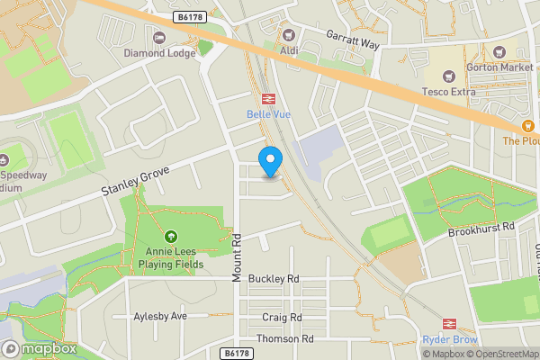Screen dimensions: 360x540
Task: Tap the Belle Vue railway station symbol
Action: pos(267,98)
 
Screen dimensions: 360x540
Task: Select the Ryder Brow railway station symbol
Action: pos(446,324)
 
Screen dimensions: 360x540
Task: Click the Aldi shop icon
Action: pos(288,35)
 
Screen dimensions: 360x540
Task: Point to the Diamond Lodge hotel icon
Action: pos(159,37)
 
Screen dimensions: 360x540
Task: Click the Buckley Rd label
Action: pos(274,279)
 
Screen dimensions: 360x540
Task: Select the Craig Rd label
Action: pos(282,318)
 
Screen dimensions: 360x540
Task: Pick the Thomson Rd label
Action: pos(284,338)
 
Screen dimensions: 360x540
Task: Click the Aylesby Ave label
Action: pos(160,316)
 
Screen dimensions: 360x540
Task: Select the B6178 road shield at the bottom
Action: pos(236,354)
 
